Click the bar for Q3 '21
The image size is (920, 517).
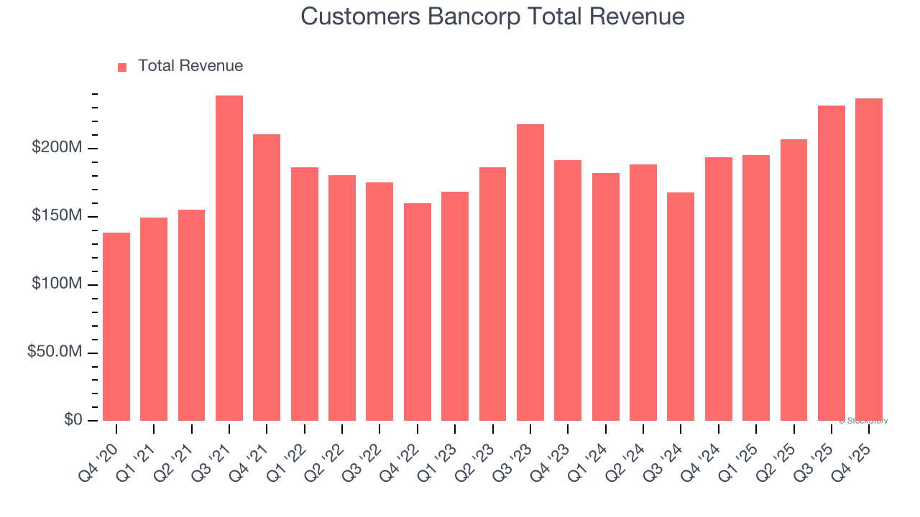pyautogui.click(x=229, y=258)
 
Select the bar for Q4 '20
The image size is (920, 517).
pyautogui.click(x=116, y=327)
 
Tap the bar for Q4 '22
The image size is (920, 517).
pyautogui.click(x=418, y=312)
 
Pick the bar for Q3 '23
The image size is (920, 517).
pyautogui.click(x=530, y=273)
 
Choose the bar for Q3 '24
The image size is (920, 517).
pyautogui.click(x=681, y=307)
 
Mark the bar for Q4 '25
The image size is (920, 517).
pyautogui.click(x=869, y=260)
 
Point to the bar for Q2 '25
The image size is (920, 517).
pyautogui.click(x=793, y=280)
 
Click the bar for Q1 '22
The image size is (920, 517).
pyautogui.click(x=305, y=294)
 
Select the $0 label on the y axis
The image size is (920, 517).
pyautogui.click(x=72, y=420)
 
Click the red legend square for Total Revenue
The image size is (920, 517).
pyautogui.click(x=122, y=67)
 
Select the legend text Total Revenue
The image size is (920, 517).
pyautogui.click(x=190, y=66)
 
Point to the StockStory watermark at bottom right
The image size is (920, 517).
pyautogui.click(x=863, y=421)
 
